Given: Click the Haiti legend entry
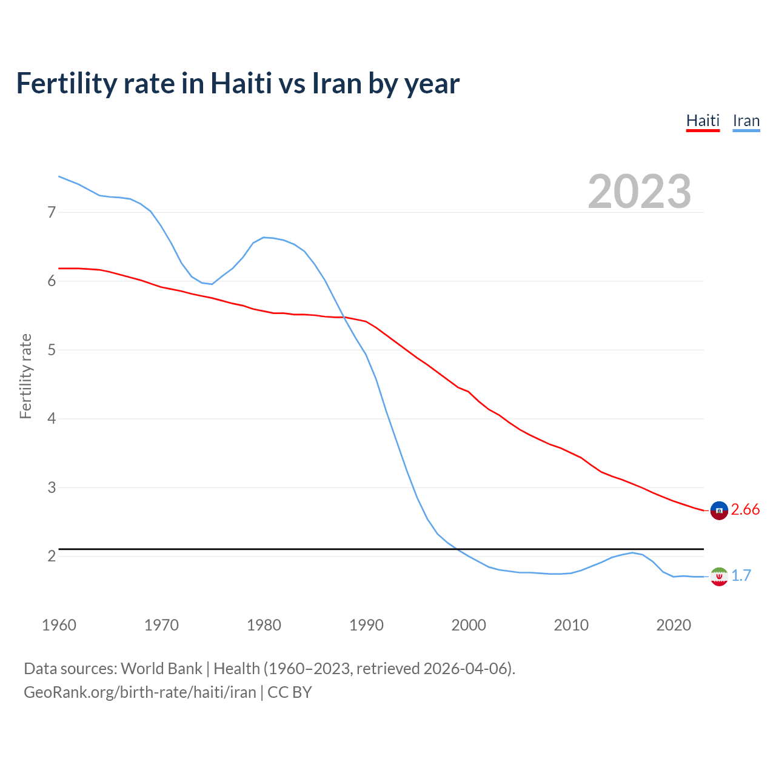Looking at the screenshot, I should click(x=703, y=121).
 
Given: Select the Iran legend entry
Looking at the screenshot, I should click(x=746, y=121).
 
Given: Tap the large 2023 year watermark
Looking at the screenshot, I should click(x=639, y=192).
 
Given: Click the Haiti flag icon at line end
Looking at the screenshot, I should click(x=718, y=510).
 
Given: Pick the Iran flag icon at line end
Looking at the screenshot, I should click(x=718, y=576).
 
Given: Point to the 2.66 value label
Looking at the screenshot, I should click(x=745, y=510).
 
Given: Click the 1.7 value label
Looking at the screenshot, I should click(x=741, y=575).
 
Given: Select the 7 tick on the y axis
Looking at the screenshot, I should click(x=52, y=212).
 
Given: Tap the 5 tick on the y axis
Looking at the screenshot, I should click(x=52, y=350).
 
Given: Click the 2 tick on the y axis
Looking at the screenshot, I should click(x=52, y=556).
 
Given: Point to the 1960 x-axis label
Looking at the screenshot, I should click(x=59, y=625).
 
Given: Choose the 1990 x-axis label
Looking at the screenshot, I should click(x=366, y=625).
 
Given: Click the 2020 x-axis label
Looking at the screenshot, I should click(x=674, y=625).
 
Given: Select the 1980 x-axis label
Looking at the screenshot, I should click(x=264, y=625).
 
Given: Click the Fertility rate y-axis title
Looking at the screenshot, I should click(x=25, y=376).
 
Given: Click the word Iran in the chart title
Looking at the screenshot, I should click(x=336, y=83).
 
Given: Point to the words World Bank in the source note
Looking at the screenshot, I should click(x=161, y=669).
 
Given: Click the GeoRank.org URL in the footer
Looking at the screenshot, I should click(x=140, y=692).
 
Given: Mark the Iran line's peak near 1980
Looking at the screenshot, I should click(x=264, y=237).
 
